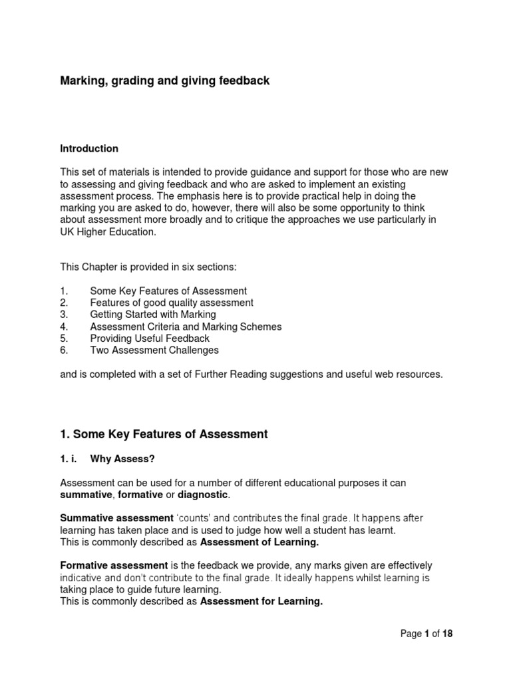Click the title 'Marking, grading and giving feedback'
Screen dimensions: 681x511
(165, 81)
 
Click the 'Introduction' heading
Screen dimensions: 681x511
(89, 148)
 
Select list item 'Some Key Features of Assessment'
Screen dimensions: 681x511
(168, 291)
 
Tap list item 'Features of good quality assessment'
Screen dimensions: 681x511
(172, 303)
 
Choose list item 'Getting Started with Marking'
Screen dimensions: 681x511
(153, 315)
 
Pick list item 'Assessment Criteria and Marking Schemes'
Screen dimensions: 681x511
(186, 327)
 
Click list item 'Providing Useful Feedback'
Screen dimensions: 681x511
(150, 339)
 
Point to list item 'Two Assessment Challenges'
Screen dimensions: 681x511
(154, 350)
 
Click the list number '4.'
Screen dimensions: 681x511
(64, 327)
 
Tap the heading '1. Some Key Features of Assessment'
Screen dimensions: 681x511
(164, 434)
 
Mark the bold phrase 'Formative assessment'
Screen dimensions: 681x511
(110, 565)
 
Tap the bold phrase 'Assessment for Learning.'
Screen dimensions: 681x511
(261, 602)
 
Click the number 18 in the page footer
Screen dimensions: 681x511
(446, 634)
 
